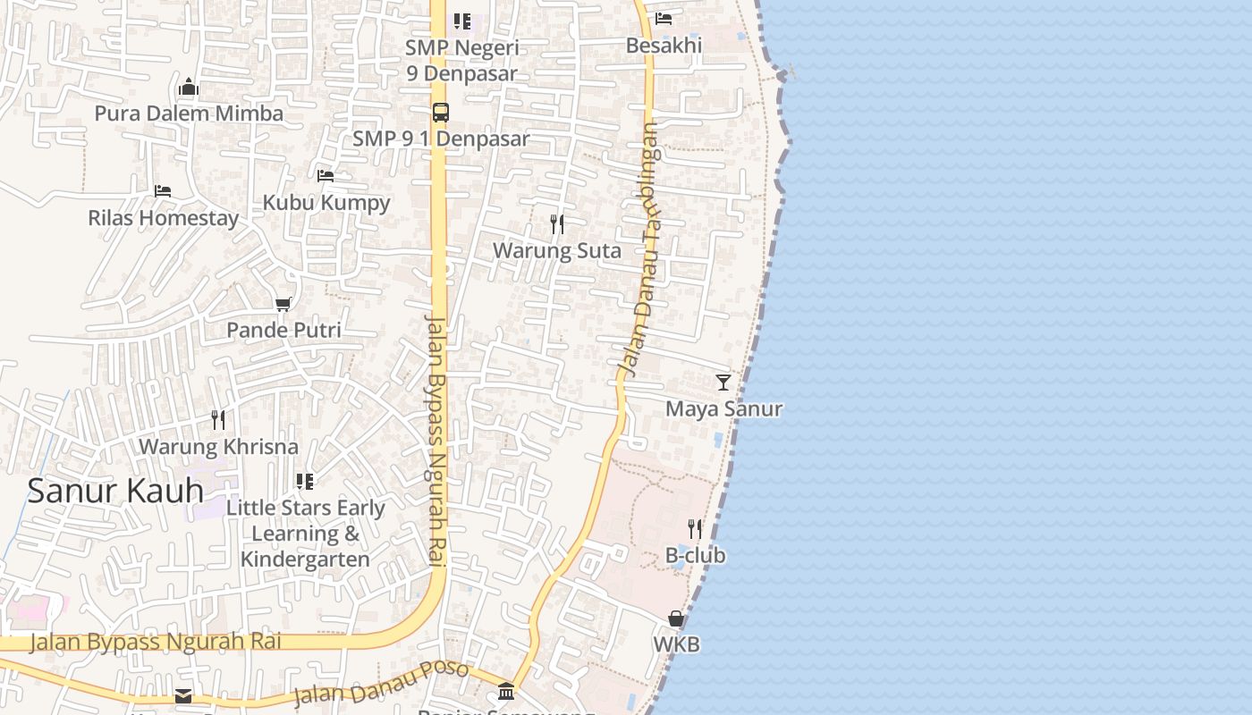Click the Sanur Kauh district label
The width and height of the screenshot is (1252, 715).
click(115, 491)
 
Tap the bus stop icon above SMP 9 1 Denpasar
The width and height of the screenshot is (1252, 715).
click(441, 113)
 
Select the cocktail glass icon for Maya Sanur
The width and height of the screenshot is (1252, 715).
click(723, 383)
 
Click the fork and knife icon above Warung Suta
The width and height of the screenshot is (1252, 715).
click(557, 224)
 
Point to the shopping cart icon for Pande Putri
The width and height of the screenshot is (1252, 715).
click(283, 305)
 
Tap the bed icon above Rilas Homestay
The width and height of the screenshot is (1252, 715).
click(163, 191)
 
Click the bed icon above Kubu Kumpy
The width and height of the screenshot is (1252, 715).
click(326, 176)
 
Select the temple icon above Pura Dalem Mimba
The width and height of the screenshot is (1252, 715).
click(189, 88)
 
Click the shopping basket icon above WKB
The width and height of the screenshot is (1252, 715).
click(676, 618)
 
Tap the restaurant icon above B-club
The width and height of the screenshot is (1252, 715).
click(695, 529)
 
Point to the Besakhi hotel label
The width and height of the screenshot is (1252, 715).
click(664, 45)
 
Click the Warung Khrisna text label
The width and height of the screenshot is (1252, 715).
click(218, 446)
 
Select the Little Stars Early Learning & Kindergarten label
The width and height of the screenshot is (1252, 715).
click(305, 534)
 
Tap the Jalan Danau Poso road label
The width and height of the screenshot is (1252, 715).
click(381, 684)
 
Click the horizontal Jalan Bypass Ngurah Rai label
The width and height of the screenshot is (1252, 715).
click(156, 642)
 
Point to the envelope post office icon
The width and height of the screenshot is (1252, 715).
click(183, 695)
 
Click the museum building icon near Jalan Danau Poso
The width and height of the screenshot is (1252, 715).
click(506, 691)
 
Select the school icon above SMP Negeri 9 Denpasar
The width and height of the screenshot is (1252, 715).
click(462, 21)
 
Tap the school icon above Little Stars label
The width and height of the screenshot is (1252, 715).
click(305, 482)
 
